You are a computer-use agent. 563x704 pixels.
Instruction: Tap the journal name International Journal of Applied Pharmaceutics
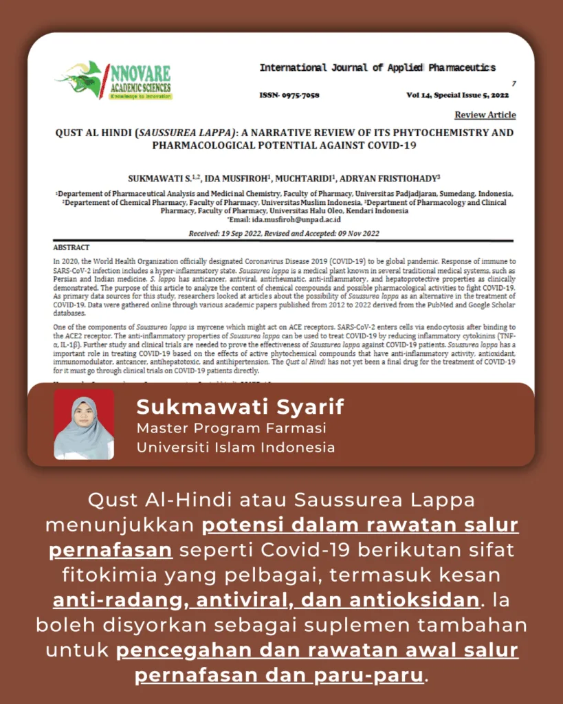[x=377, y=67]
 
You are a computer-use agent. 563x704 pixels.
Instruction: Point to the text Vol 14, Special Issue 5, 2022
[x=457, y=95]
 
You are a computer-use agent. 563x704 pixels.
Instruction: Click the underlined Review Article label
[x=485, y=115]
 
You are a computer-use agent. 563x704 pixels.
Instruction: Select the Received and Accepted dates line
[x=283, y=234]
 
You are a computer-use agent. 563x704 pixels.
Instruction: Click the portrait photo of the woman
[x=84, y=424]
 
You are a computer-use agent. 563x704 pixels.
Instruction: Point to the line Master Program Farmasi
[x=231, y=428]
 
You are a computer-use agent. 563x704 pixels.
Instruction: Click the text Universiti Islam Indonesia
[x=236, y=447]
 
